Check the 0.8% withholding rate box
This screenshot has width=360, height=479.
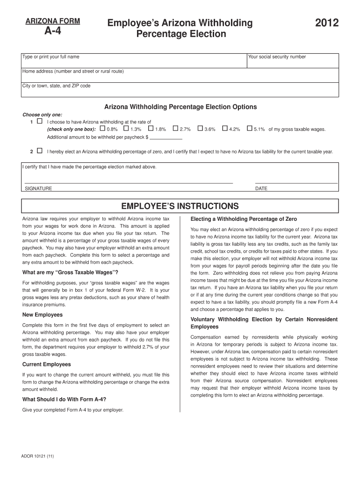click(103, 129)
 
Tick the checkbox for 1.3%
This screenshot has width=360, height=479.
click(126, 129)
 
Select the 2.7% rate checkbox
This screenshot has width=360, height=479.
click(175, 129)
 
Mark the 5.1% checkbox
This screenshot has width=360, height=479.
click(249, 129)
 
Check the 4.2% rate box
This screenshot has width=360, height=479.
click(225, 129)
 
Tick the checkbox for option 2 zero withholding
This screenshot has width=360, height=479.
click(39, 151)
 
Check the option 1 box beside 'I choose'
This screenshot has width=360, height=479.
click(39, 121)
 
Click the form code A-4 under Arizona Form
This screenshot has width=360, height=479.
click(52, 32)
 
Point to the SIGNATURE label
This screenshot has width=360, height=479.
click(38, 189)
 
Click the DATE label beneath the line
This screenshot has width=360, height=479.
click(261, 189)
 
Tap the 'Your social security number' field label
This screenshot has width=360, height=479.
click(277, 57)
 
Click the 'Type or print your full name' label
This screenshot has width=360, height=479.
click(51, 57)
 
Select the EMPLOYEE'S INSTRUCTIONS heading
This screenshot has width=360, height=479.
click(180, 206)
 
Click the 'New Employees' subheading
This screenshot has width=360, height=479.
click(43, 315)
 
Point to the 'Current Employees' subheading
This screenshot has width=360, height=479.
click(47, 364)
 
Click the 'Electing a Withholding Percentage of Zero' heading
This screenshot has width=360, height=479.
click(244, 219)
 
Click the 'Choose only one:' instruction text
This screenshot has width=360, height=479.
click(43, 115)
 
